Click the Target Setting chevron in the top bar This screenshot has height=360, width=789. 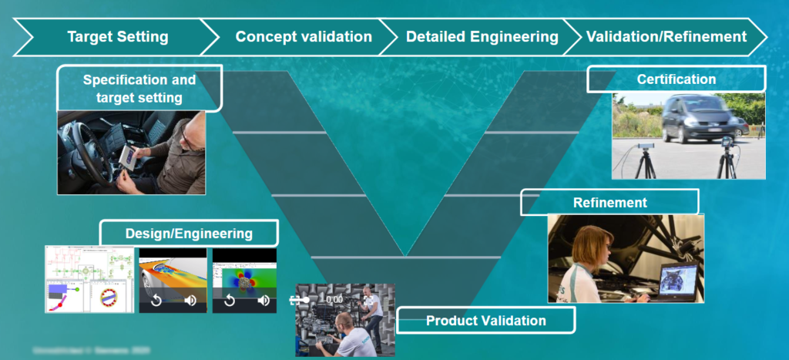click(117, 36)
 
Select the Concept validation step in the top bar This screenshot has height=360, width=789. click(303, 36)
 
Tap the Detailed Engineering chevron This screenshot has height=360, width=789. click(482, 36)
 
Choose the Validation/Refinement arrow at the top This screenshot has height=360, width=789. click(666, 36)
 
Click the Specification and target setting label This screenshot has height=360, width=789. click(139, 89)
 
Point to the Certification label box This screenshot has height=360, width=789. click(676, 79)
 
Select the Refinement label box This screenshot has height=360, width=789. click(609, 203)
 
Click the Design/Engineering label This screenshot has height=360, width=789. click(189, 233)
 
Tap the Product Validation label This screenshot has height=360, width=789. click(485, 320)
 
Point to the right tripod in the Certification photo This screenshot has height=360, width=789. click(726, 158)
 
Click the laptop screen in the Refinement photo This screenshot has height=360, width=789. click(678, 279)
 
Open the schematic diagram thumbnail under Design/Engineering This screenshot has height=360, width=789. click(89, 279)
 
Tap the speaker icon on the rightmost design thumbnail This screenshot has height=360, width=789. click(264, 301)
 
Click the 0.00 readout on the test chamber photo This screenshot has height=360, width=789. click(333, 299)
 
